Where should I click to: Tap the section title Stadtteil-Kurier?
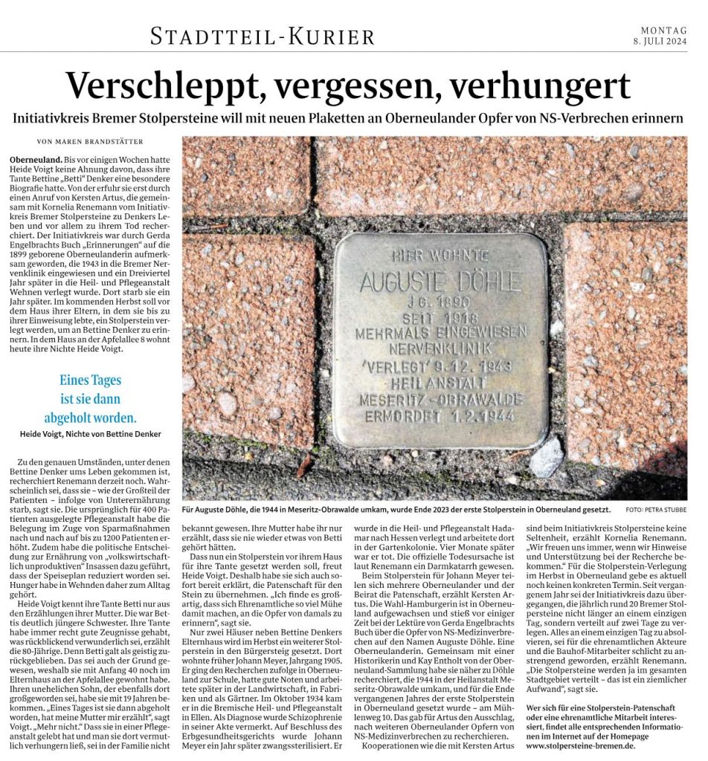tap(263, 35)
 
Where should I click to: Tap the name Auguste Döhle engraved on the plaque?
tap(440, 282)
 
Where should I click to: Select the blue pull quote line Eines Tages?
tap(90, 380)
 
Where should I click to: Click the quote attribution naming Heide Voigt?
tap(90, 433)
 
